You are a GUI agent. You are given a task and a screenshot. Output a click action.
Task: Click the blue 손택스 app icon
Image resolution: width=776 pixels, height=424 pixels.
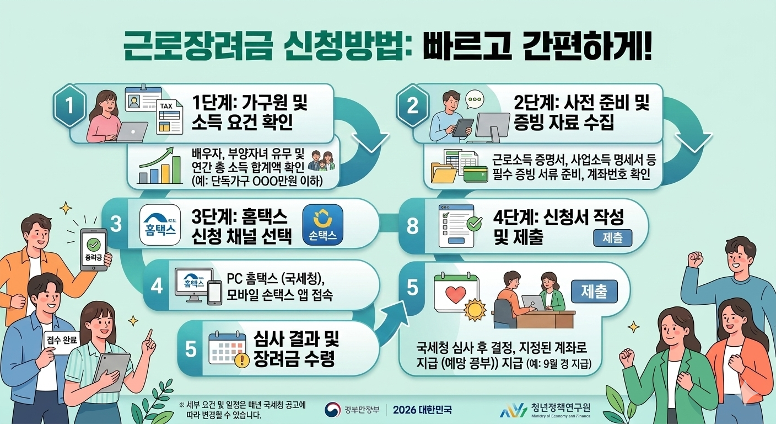coord(324,225)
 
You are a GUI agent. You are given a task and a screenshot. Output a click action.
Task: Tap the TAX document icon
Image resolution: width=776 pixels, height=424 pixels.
coord(169,116)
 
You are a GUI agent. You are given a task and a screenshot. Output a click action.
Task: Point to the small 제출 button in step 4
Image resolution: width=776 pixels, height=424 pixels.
coord(612,238)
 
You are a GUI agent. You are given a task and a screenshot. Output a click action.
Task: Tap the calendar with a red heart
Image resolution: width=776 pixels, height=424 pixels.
coord(455,293)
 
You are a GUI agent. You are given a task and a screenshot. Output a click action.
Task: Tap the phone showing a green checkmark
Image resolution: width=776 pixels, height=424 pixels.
coord(94,250)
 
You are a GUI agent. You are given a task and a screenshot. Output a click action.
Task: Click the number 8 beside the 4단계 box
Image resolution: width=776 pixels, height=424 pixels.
coord(412,225)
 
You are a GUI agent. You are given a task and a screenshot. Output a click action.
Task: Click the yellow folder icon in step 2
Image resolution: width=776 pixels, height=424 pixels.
coord(444,173)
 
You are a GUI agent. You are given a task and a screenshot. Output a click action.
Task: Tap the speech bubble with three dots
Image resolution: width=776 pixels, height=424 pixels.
coord(474,100)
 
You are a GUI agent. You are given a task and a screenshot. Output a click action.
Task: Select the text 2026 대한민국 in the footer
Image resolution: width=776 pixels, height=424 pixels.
coord(422,410)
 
